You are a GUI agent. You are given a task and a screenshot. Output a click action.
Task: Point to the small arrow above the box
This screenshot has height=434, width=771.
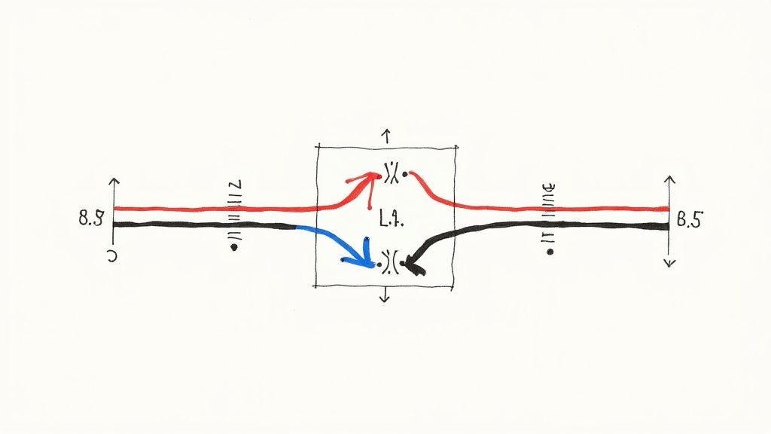(x=386, y=136)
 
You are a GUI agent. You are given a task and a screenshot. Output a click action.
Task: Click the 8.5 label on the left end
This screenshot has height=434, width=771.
(x=91, y=219)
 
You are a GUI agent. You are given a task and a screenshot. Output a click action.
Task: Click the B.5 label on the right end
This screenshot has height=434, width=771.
(x=689, y=221)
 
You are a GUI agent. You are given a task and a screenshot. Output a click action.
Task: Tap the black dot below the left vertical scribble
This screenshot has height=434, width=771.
(x=233, y=247)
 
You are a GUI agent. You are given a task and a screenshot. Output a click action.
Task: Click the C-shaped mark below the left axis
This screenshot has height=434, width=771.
(x=112, y=256)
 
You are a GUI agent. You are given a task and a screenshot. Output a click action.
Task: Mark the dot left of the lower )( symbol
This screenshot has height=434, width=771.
(x=343, y=261)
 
